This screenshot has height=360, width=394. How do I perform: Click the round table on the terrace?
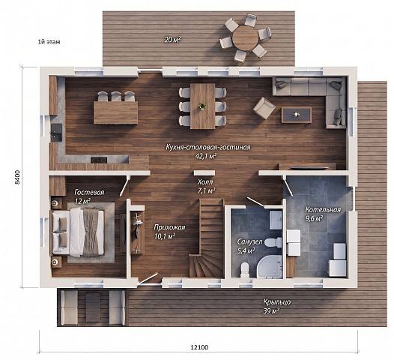(x=245, y=38)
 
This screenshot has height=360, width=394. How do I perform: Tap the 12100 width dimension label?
(x=199, y=347)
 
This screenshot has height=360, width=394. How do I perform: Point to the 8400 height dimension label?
(x=17, y=177)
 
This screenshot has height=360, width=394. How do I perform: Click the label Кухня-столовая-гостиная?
(x=208, y=147)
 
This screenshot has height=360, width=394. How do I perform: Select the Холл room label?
(x=205, y=181)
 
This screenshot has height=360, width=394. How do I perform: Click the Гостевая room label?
(x=89, y=193)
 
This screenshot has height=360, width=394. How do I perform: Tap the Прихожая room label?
(x=169, y=227)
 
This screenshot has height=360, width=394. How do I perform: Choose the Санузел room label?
(x=249, y=242)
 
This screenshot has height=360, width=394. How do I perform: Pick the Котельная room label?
(x=323, y=209)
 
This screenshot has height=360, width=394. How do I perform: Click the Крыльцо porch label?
(x=277, y=301)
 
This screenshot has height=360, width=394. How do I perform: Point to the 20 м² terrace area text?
(x=172, y=40)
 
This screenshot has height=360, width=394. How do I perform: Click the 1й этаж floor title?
(x=49, y=42)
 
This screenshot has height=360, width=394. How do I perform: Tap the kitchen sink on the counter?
(x=56, y=132)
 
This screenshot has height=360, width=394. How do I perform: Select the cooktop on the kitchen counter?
(x=99, y=160)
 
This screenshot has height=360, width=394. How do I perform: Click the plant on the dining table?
(x=202, y=106)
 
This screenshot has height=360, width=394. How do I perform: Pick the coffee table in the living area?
(x=297, y=115)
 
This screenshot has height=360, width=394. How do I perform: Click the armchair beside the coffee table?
(x=264, y=108)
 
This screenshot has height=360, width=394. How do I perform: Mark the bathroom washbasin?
(x=276, y=220)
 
